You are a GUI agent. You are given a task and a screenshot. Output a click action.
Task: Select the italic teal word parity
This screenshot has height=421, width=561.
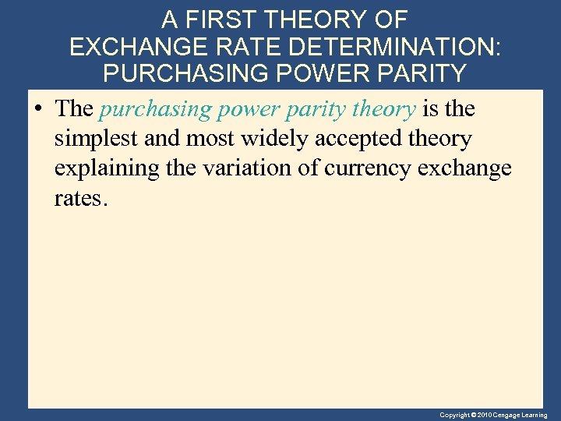pyautogui.click(x=309, y=110)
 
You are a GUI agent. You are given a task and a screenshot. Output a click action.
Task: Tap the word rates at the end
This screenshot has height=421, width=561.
pyautogui.click(x=79, y=199)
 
